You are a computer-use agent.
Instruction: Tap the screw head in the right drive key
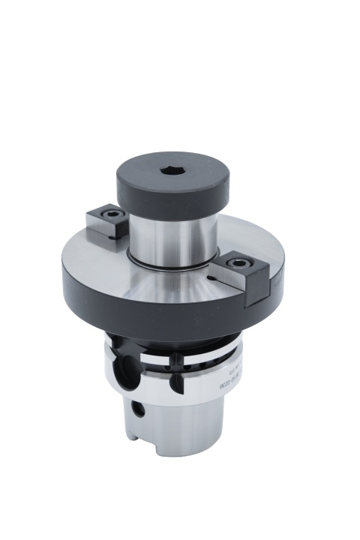pyautogui.click(x=238, y=262)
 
